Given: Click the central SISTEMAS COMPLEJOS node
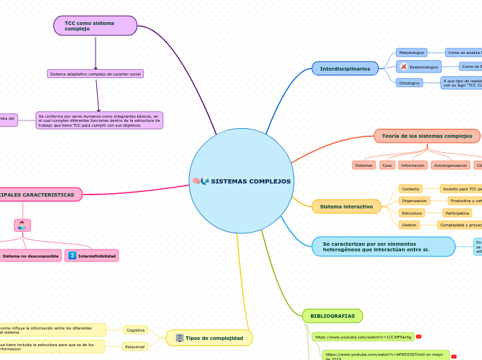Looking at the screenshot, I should (x=242, y=181).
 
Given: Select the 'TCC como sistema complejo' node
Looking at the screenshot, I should (x=95, y=26).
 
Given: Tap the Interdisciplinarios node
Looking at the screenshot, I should (x=345, y=68).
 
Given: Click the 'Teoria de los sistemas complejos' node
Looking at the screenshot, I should (x=427, y=136).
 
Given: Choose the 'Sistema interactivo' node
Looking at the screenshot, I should (x=346, y=206).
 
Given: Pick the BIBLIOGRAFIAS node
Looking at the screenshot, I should (x=332, y=316).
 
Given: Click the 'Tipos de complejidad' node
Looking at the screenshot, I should (x=209, y=338).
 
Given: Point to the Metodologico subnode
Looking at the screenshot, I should (x=411, y=52).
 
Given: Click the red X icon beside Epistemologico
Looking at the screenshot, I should (x=404, y=66).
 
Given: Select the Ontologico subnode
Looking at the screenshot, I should (x=409, y=82).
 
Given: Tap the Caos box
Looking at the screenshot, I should (x=387, y=165).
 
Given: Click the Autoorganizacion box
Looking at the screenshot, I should (x=450, y=165).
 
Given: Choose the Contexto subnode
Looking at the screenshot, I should (x=411, y=189).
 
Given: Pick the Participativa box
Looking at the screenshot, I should (x=457, y=213).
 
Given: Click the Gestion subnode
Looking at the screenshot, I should (x=409, y=225).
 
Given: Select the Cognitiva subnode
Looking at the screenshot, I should (x=136, y=330).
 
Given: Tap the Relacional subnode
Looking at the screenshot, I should (x=135, y=346).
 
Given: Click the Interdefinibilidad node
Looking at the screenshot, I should (x=91, y=256).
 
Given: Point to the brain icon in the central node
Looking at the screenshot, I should (x=196, y=181).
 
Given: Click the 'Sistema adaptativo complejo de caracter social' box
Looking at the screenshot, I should (x=96, y=73).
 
